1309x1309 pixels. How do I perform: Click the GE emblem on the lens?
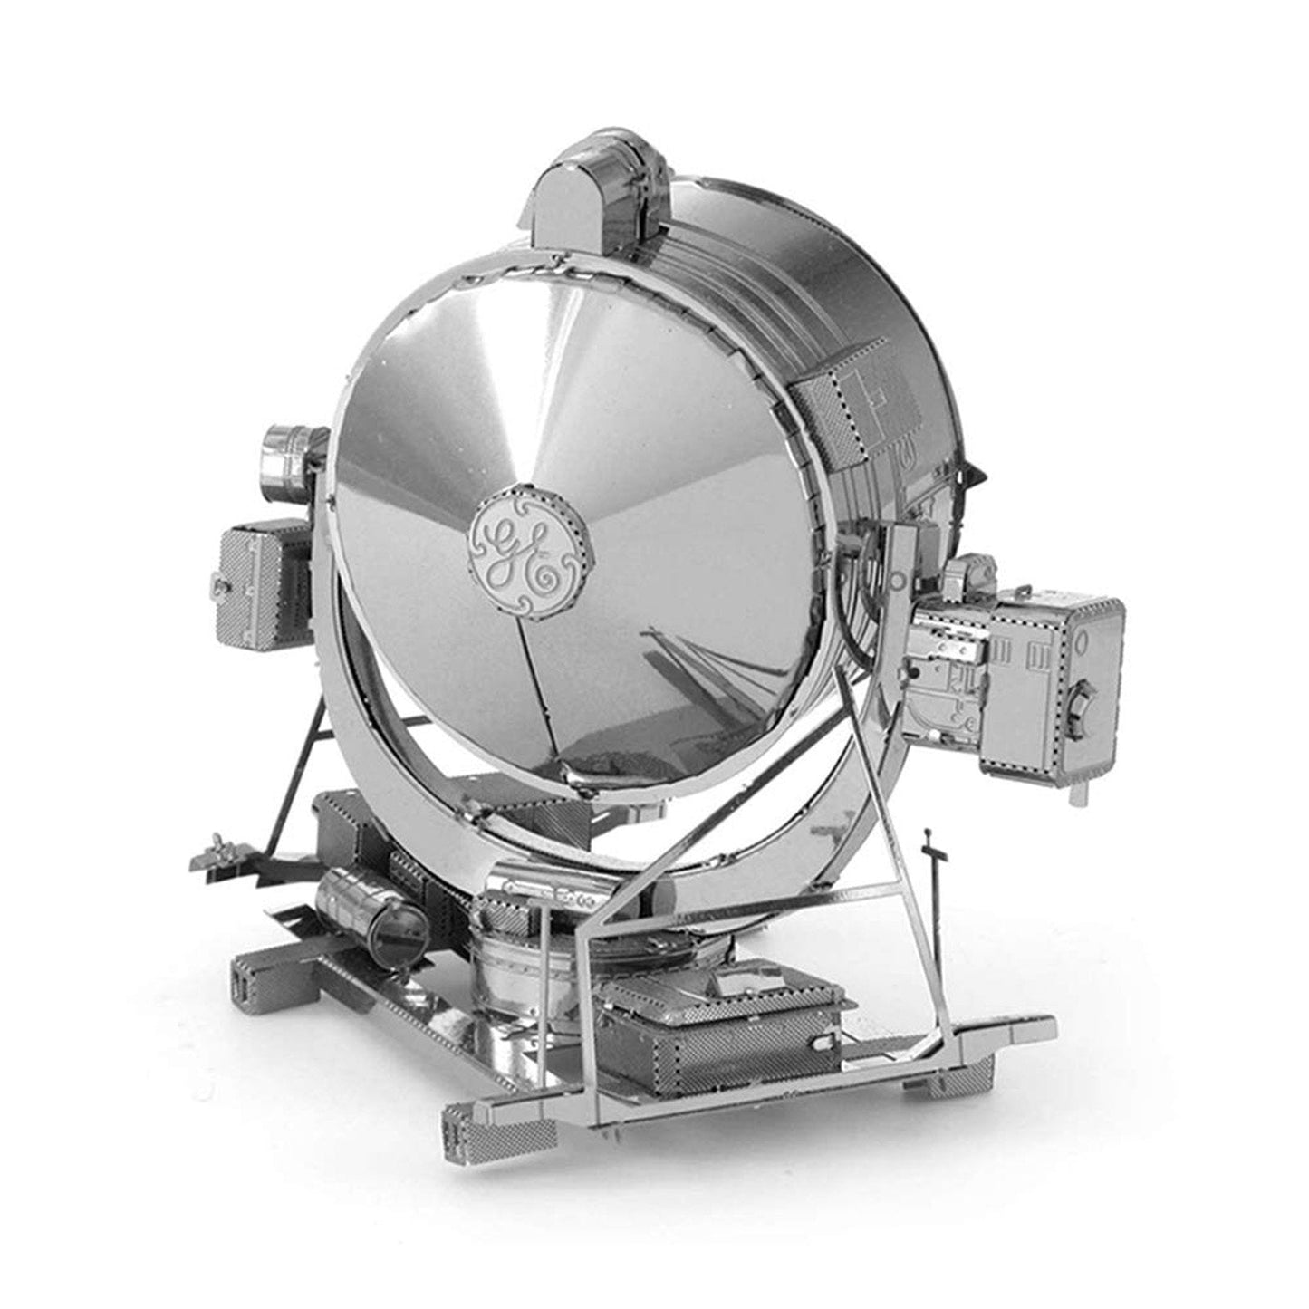pos(531,542)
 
